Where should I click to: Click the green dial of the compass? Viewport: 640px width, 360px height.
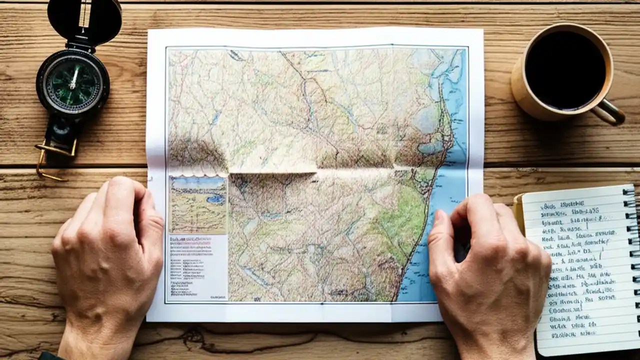tap(72, 83)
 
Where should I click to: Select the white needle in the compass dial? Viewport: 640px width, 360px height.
tap(74, 77)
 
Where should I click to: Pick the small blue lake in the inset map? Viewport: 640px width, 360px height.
tap(216, 198)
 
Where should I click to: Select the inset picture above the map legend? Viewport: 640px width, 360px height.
tap(198, 204)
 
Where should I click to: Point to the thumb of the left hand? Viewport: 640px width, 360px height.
tap(150, 220)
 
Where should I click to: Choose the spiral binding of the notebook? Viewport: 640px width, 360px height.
tap(631, 260)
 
